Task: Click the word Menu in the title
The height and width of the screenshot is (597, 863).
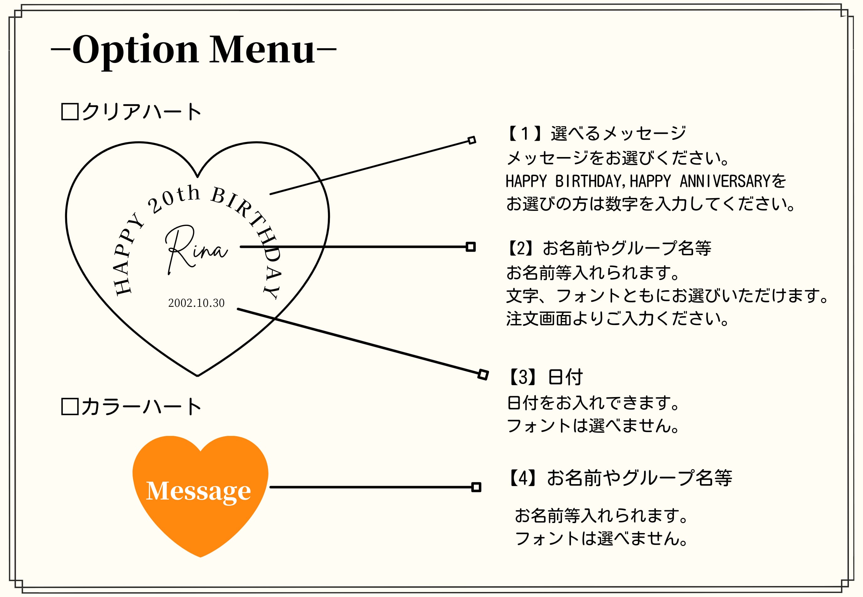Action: click(262, 50)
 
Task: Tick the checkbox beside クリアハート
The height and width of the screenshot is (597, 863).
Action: click(70, 112)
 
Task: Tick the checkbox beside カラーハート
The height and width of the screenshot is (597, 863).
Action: click(70, 406)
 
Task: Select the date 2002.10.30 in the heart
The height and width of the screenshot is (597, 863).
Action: click(196, 303)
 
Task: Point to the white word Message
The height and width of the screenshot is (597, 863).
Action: click(199, 491)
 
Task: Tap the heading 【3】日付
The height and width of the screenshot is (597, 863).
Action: click(544, 377)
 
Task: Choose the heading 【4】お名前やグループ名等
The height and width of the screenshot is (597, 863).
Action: click(619, 478)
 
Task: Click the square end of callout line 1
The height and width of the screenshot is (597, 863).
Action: click(472, 140)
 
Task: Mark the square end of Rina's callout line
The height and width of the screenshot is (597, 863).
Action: click(470, 247)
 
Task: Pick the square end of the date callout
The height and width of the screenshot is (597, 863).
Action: click(483, 374)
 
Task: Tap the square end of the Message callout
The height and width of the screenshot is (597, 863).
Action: click(476, 487)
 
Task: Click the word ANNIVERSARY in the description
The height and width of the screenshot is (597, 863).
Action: click(724, 181)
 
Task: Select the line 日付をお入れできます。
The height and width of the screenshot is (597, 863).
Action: click(594, 403)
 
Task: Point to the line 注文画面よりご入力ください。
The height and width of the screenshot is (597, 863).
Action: click(617, 319)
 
